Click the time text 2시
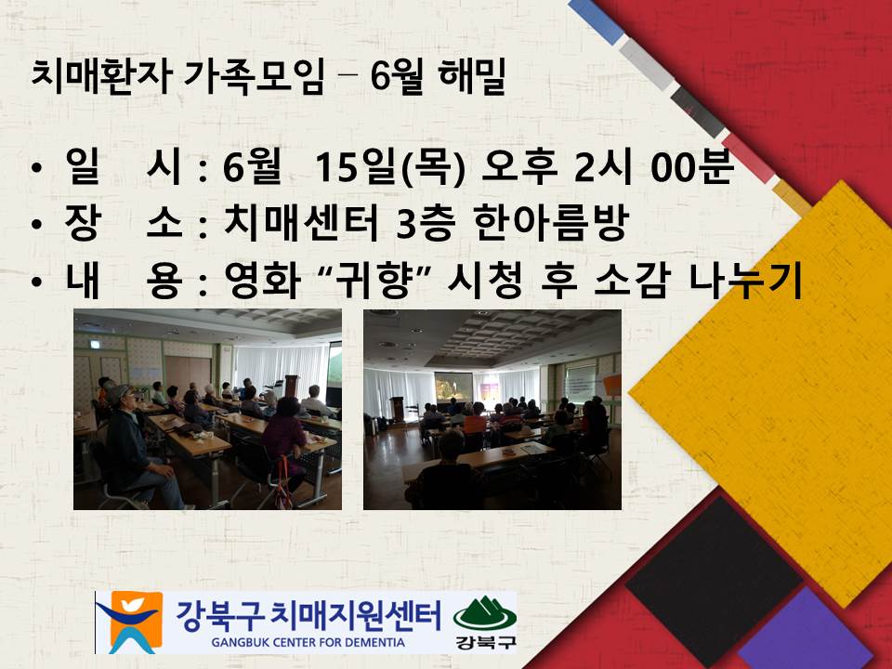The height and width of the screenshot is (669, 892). [x=602, y=167]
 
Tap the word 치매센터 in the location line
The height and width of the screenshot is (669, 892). [x=301, y=222]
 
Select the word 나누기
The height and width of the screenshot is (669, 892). [x=745, y=280]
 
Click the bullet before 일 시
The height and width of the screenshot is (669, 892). [x=37, y=168]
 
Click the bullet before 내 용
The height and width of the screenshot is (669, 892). [x=37, y=281]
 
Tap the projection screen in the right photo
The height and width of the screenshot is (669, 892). [x=453, y=387]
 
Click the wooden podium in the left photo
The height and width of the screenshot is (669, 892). [x=292, y=387]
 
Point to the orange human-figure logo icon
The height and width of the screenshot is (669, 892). [x=130, y=622]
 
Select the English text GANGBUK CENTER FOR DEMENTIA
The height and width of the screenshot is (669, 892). [x=308, y=643]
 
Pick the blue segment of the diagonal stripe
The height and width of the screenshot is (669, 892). [x=597, y=20]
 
